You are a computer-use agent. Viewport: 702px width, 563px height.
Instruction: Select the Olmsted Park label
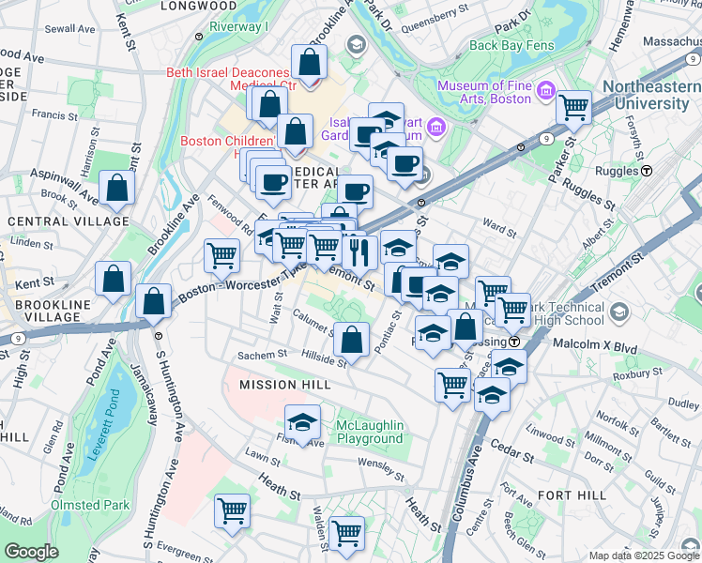tap(90, 505)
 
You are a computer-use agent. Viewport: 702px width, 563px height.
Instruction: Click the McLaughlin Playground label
tap(370, 432)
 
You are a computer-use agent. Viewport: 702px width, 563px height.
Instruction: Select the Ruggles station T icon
tap(648, 172)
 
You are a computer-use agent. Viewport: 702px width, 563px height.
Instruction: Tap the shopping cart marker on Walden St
tap(346, 532)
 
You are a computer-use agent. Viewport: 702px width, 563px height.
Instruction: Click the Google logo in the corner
tap(31, 552)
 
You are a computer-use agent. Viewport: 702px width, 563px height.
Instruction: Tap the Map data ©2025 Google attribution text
tap(642, 555)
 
